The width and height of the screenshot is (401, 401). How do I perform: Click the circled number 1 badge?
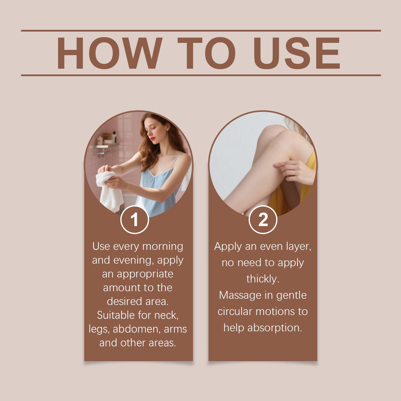point(135,220)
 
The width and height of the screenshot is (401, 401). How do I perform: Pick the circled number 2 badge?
point(263,220)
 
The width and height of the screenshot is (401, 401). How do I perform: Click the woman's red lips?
point(152,138)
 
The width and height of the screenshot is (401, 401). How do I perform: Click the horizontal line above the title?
point(201,31)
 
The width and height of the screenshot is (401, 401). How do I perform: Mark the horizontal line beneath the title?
point(201,75)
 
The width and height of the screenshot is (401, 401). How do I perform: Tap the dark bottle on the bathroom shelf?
point(114,137)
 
